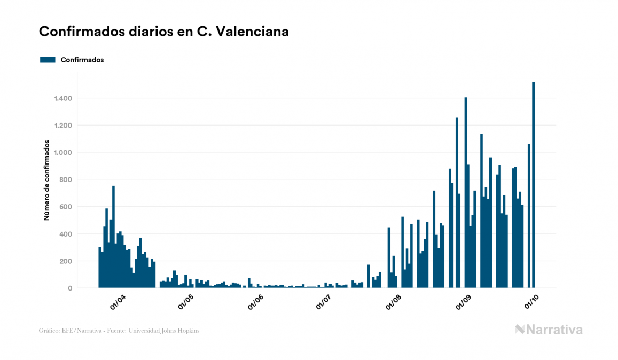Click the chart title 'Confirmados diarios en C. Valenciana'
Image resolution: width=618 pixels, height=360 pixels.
click(x=164, y=32)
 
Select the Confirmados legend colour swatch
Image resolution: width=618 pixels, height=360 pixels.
click(x=48, y=60)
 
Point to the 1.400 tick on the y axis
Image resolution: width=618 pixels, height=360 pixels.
click(x=62, y=98)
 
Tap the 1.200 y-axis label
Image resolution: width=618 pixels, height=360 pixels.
click(x=62, y=126)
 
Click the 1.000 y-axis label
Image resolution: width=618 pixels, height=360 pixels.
click(x=62, y=153)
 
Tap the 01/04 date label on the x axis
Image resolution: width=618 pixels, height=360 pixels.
click(x=118, y=302)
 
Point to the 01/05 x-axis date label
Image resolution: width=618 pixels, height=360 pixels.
click(x=186, y=302)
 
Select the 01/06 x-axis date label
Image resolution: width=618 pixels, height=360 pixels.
click(x=255, y=302)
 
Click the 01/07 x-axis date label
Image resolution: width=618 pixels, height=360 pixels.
click(x=324, y=302)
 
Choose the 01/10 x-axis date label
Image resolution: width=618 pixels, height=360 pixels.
click(x=532, y=302)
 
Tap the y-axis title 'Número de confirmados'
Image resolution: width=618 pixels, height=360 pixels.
click(x=47, y=181)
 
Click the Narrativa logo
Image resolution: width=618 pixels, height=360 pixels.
click(x=549, y=330)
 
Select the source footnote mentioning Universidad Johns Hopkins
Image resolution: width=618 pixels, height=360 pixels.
click(x=119, y=331)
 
